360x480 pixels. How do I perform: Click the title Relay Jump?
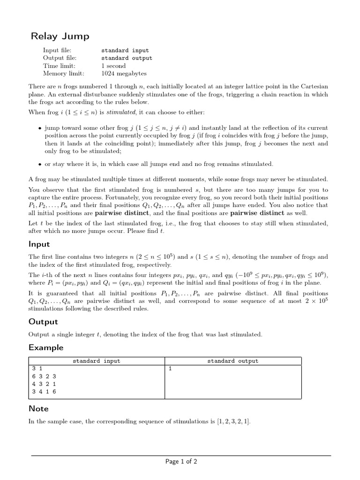60,36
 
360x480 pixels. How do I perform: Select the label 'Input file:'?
57,50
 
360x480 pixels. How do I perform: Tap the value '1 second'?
113,66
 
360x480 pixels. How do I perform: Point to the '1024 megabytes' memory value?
124,74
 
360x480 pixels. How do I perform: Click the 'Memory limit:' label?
64,74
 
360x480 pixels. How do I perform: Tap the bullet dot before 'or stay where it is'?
39,164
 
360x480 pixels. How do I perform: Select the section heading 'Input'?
39,244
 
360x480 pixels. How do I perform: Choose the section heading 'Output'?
43,322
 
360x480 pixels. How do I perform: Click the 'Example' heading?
45,347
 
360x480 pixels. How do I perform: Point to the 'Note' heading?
38,409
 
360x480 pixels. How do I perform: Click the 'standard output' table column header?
232,361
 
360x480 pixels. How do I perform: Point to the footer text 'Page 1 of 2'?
181,462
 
